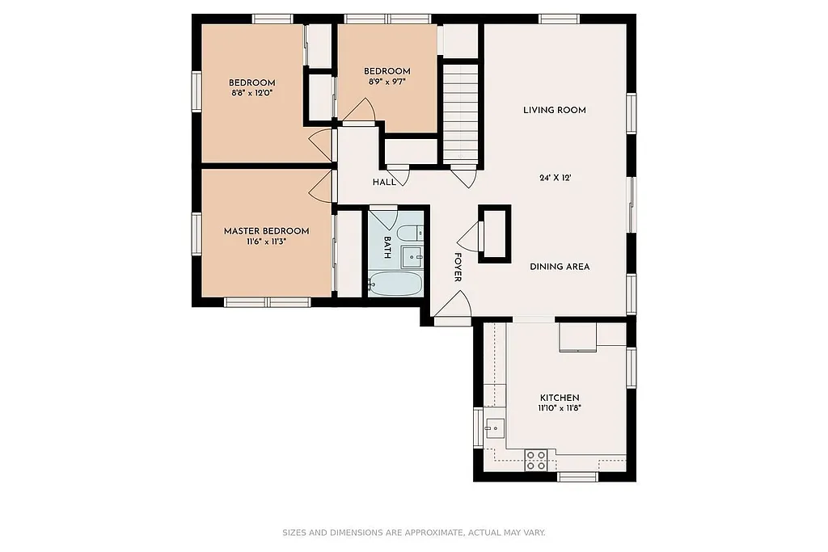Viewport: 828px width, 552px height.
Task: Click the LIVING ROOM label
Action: [554, 110]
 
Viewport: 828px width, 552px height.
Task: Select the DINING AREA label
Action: [560, 267]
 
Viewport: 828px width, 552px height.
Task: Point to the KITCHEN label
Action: [560, 398]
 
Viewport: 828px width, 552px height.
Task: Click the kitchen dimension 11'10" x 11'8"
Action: [560, 409]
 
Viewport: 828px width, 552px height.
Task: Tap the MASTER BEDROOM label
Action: [266, 231]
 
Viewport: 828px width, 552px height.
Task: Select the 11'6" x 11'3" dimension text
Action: [266, 242]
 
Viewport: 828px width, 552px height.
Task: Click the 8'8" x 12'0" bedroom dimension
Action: [251, 93]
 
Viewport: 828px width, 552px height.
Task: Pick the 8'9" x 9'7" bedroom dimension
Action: [387, 82]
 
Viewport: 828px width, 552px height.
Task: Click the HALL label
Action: [384, 183]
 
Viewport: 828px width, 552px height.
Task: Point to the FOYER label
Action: [458, 267]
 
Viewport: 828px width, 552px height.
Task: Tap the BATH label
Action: [387, 247]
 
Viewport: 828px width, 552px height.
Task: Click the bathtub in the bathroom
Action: [395, 284]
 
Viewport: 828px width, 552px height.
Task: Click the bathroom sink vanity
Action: [412, 257]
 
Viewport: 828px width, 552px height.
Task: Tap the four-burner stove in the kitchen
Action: [536, 461]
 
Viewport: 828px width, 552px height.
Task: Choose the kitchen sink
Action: [494, 428]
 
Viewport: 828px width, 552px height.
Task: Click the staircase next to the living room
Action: [460, 113]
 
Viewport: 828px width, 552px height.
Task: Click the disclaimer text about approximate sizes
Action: [414, 533]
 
